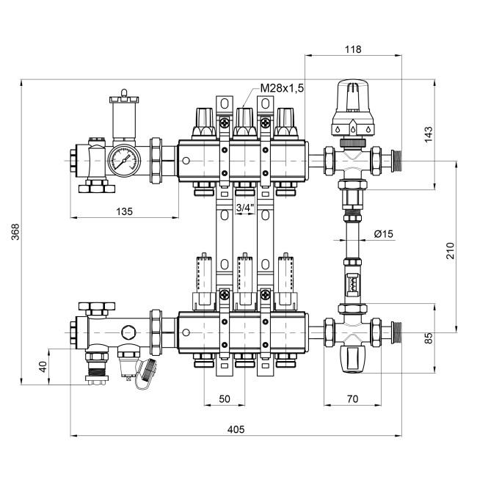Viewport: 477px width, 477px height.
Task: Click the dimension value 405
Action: [x=236, y=429]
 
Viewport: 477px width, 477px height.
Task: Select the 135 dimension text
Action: [x=124, y=211]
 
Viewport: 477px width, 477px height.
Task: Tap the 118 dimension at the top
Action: [x=353, y=49]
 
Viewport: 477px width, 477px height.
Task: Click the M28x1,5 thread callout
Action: [x=282, y=88]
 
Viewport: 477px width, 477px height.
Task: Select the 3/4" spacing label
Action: [x=244, y=208]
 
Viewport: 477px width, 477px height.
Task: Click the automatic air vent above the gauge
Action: [x=123, y=117]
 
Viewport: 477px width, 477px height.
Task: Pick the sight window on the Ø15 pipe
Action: [x=353, y=281]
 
